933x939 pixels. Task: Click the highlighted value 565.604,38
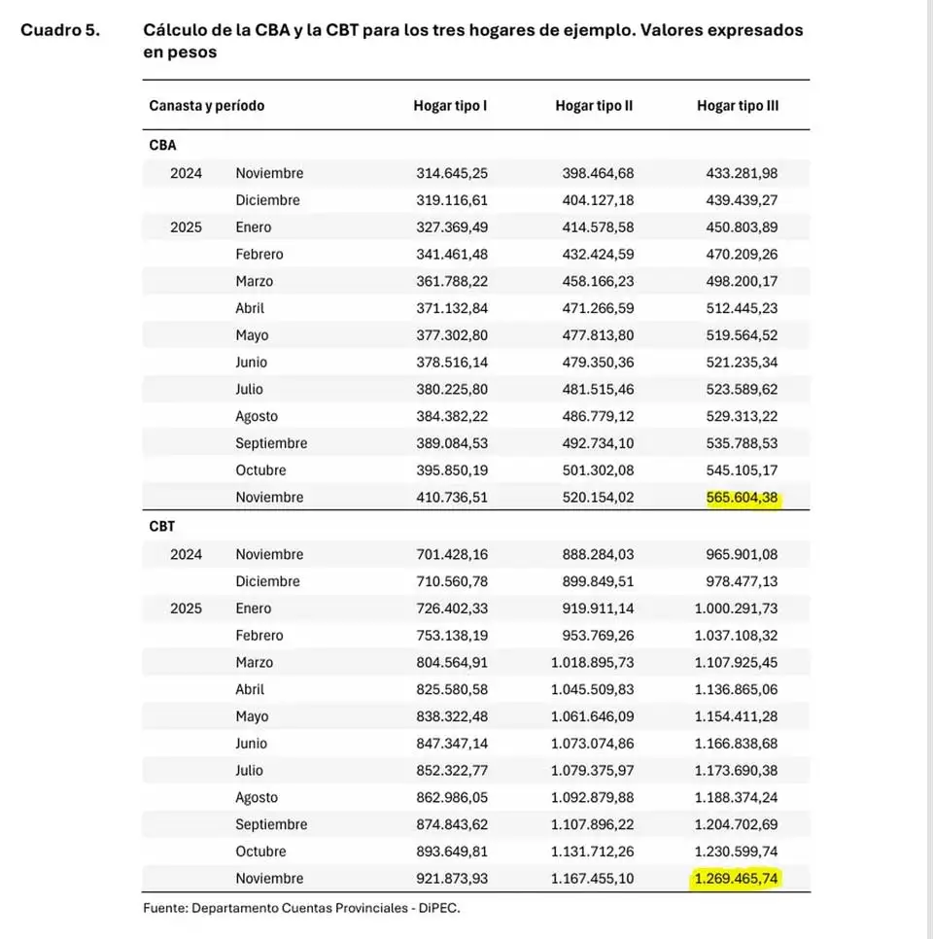[743, 498]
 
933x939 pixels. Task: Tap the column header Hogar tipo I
[450, 105]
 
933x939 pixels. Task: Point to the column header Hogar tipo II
[594, 105]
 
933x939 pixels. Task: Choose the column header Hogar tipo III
[738, 105]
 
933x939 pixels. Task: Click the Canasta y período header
[206, 105]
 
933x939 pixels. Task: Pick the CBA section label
[162, 146]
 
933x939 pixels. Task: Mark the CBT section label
[162, 527]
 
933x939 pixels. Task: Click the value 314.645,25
[452, 173]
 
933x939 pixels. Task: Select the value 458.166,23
[598, 281]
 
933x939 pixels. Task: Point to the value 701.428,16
[452, 554]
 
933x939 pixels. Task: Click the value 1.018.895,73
[591, 662]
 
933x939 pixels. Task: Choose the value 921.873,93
[452, 879]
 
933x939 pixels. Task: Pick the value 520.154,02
[598, 498]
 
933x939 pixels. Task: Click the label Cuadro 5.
[59, 30]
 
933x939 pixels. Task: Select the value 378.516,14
[452, 363]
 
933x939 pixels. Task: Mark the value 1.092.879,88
[591, 797]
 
